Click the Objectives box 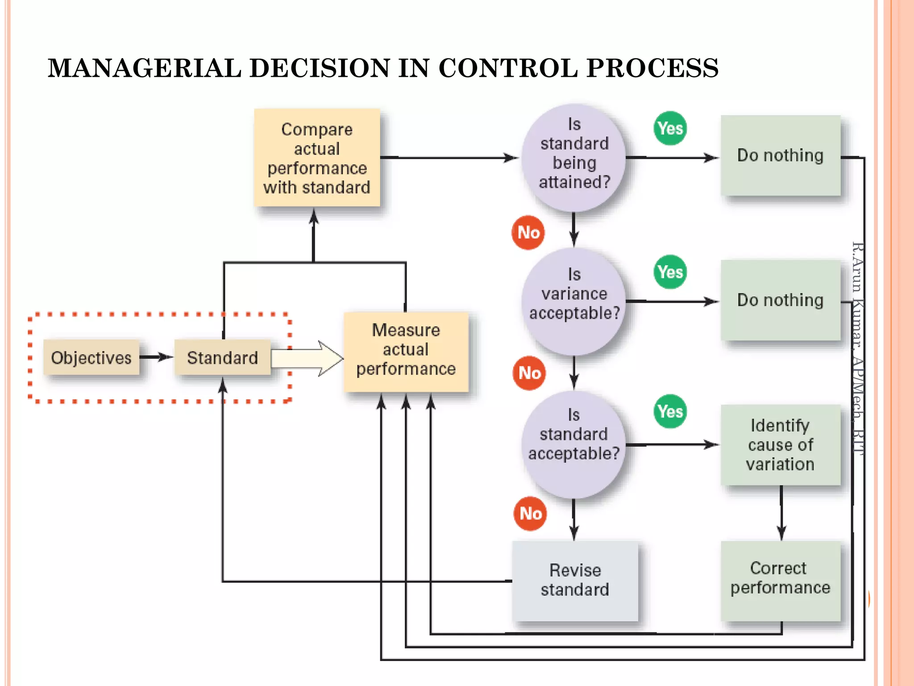click(91, 358)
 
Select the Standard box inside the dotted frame click(222, 358)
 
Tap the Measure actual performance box click(406, 351)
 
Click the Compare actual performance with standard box click(317, 158)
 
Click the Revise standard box click(575, 580)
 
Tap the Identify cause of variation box click(780, 445)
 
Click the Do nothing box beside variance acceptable click(780, 300)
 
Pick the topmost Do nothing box click(780, 155)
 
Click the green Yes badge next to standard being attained click(670, 128)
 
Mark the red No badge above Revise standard click(530, 514)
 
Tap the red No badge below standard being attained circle click(528, 233)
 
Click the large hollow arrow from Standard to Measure click(308, 358)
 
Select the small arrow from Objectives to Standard click(156, 357)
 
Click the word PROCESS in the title click(652, 68)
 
